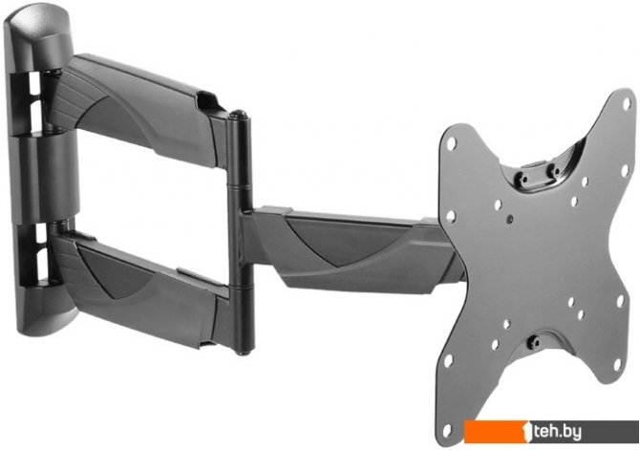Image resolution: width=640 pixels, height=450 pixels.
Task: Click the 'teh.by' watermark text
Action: pyautogui.click(x=558, y=432)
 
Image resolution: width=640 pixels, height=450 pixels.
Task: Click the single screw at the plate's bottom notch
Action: pyautogui.click(x=533, y=341)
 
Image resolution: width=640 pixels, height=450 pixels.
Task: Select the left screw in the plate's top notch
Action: pyautogui.click(x=523, y=179)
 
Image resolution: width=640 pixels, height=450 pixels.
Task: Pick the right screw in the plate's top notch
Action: pyautogui.click(x=553, y=169)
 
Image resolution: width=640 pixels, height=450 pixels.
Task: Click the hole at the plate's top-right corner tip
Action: pyautogui.click(x=627, y=104)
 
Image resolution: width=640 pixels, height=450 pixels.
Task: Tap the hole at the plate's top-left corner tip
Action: pyautogui.click(x=451, y=143)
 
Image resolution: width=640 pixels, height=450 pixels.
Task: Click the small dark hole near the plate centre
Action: pyautogui.click(x=509, y=220)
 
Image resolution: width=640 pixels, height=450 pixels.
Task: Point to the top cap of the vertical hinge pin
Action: pyautogui.click(x=239, y=116)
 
